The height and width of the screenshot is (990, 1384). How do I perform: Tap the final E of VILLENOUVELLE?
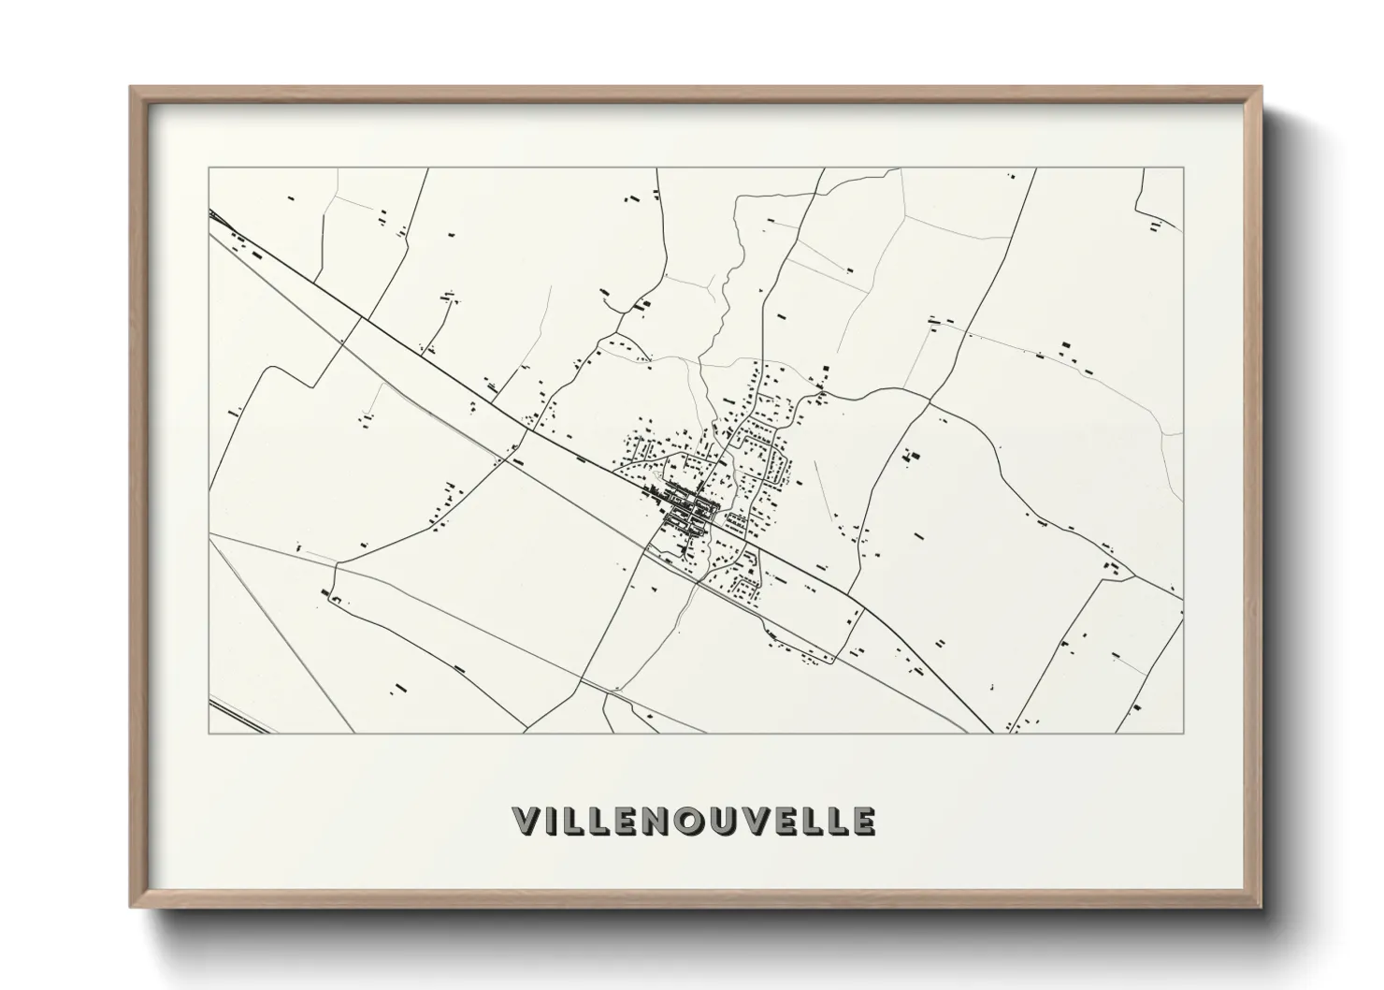tap(863, 821)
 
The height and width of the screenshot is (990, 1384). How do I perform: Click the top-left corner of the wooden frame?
tap(131, 88)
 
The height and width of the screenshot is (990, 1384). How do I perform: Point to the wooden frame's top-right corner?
tap(1261, 88)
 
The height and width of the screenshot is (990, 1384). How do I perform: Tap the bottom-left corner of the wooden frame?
tap(131, 907)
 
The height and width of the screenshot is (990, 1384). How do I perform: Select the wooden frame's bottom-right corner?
tap(1261, 907)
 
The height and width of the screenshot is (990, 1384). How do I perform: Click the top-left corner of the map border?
tap(209, 168)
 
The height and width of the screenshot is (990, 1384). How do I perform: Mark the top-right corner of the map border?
tap(1184, 168)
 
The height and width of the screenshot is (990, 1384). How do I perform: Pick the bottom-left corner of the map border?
tap(209, 734)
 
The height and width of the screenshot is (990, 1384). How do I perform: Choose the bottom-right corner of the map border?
tap(1184, 734)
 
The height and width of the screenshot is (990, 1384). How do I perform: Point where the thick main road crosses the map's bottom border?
tap(992, 733)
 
